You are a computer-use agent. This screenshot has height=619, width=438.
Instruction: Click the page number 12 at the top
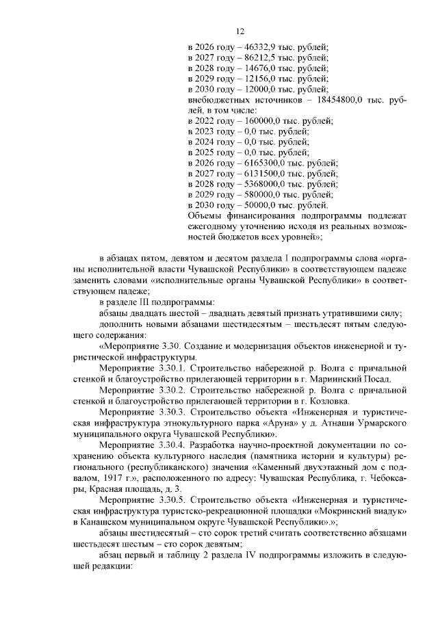click(x=240, y=31)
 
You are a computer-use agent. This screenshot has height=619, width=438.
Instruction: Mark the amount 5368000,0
click(x=255, y=184)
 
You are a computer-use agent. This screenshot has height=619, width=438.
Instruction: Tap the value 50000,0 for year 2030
click(x=250, y=205)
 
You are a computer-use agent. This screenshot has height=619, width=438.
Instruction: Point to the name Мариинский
click(x=346, y=379)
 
